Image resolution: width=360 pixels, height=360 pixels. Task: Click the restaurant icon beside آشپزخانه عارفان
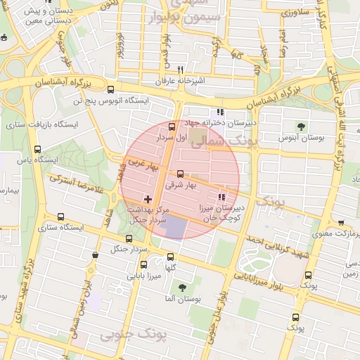[181, 70]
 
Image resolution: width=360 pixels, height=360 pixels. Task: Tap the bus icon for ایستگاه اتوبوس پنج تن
[110, 89]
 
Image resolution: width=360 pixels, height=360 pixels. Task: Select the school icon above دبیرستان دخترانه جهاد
[221, 112]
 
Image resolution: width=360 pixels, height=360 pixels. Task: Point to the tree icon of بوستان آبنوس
[301, 127]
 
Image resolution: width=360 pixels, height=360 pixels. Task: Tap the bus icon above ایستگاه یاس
[37, 148]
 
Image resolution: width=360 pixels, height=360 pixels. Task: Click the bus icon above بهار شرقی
[180, 174]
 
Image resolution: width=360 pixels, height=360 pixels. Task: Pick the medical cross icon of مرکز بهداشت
[147, 200]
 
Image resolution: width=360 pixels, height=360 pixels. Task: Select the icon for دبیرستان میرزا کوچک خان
[223, 198]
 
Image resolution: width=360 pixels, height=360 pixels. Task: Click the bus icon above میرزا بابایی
[144, 265]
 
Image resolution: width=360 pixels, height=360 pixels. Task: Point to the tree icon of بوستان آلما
[183, 288]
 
